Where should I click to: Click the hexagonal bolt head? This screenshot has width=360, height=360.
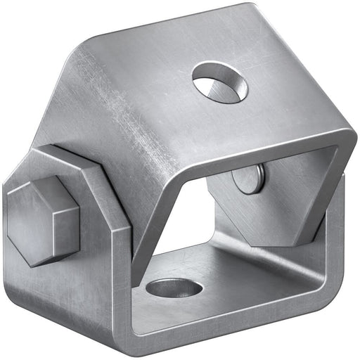tap(42, 220)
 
